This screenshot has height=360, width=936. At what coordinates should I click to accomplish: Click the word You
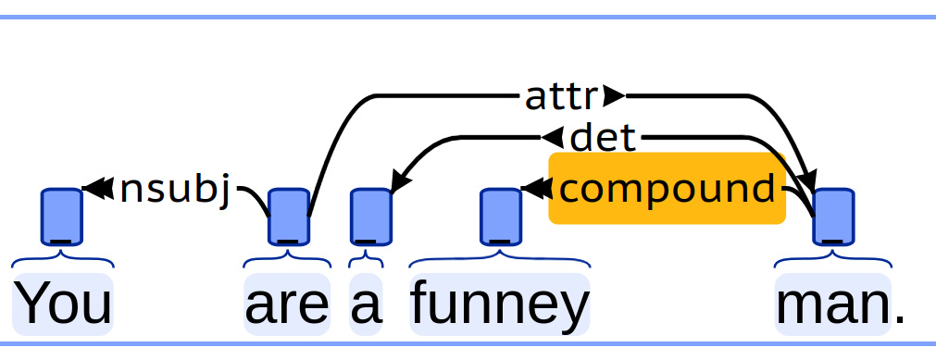point(63,304)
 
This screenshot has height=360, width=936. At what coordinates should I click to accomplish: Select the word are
point(287,305)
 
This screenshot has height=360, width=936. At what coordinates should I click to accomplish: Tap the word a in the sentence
point(366,305)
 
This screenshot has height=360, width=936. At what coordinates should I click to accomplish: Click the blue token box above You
point(61,217)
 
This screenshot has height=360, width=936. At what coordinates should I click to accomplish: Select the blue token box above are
point(289,217)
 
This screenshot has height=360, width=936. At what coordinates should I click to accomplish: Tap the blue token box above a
point(370,217)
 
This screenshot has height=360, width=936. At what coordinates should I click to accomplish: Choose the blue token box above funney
point(501,217)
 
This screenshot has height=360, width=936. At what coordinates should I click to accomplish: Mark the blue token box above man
point(833,217)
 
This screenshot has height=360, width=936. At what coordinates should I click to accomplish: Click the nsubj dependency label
point(175,191)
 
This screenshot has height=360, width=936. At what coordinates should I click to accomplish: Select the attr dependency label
point(561,97)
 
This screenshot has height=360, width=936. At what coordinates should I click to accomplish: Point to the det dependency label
point(603,138)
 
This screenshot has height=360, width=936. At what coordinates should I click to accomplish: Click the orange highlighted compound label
point(667,189)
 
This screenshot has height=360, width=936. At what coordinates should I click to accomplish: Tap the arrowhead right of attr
point(614,95)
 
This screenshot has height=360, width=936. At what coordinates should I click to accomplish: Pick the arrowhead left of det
point(552,137)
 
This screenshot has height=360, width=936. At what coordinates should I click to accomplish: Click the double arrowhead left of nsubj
point(98,188)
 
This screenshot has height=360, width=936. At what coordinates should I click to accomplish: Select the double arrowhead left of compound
point(537,188)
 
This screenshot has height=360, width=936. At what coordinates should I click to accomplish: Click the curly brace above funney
point(500,260)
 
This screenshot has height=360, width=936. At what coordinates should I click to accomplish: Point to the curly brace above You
point(63,260)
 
